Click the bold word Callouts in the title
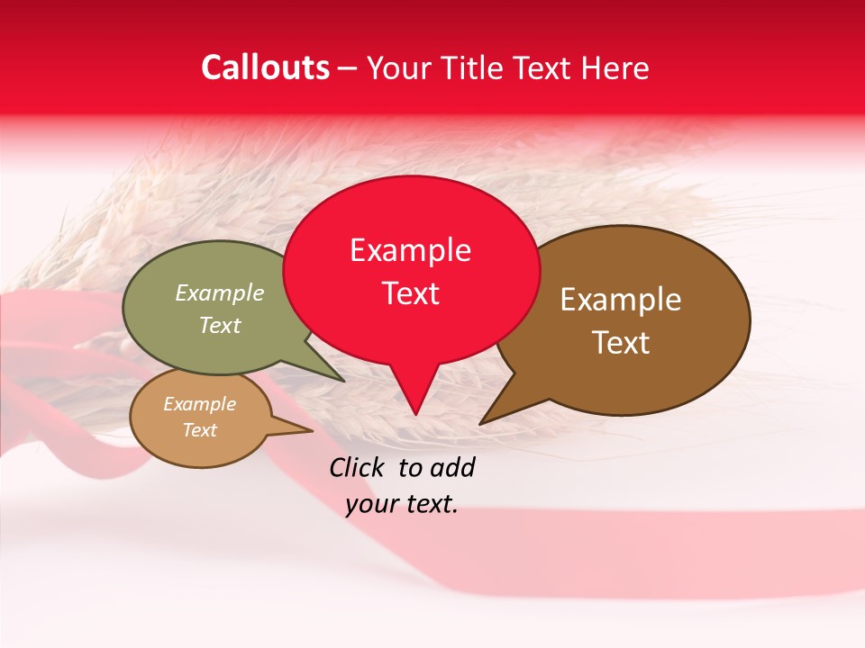[x=265, y=67]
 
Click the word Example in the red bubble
[x=410, y=250]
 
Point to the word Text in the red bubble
[x=410, y=293]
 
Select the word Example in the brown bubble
[x=621, y=300]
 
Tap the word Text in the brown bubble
[x=621, y=343]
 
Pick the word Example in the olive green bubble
[x=220, y=293]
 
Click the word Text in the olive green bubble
[x=220, y=325]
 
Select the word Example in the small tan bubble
[x=199, y=404]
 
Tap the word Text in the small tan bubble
[x=199, y=430]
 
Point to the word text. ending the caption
[x=431, y=505]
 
